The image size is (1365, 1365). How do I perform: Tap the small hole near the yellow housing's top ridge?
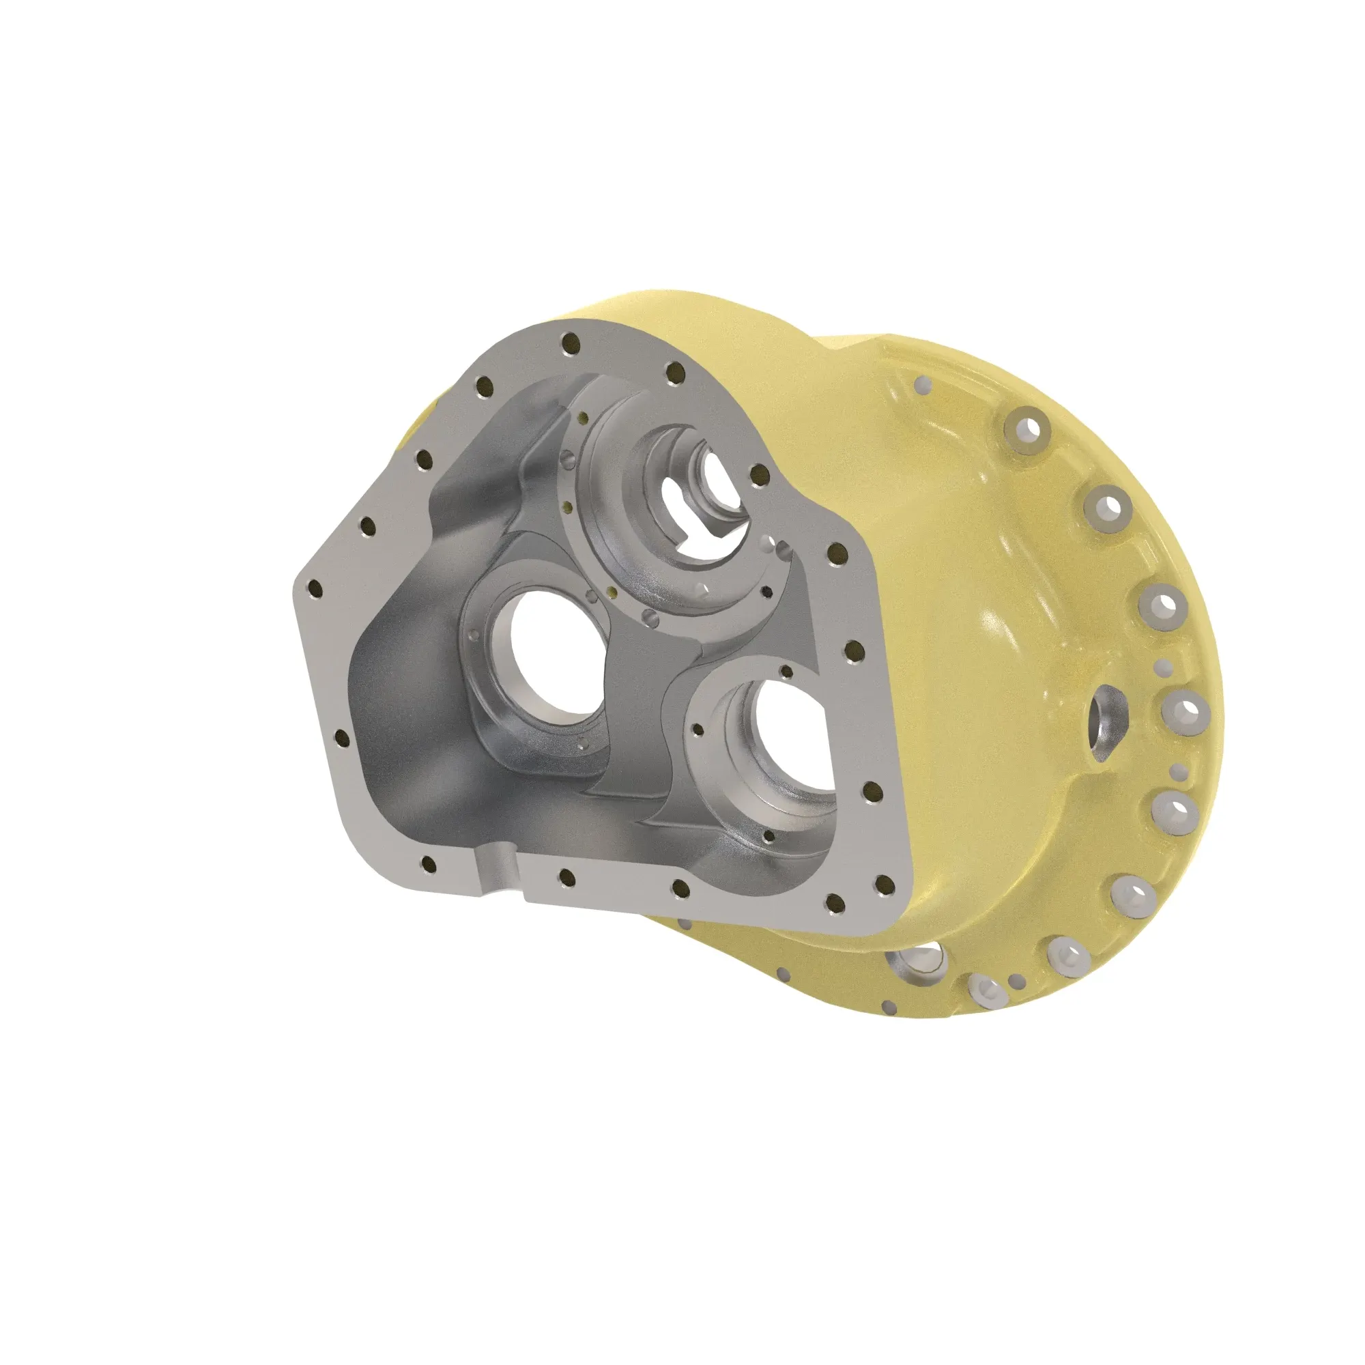point(923,384)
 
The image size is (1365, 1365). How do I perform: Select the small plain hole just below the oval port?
point(1177,770)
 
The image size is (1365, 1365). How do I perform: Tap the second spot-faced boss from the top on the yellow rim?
point(1107,506)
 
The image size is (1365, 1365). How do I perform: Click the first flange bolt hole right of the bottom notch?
point(565,878)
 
